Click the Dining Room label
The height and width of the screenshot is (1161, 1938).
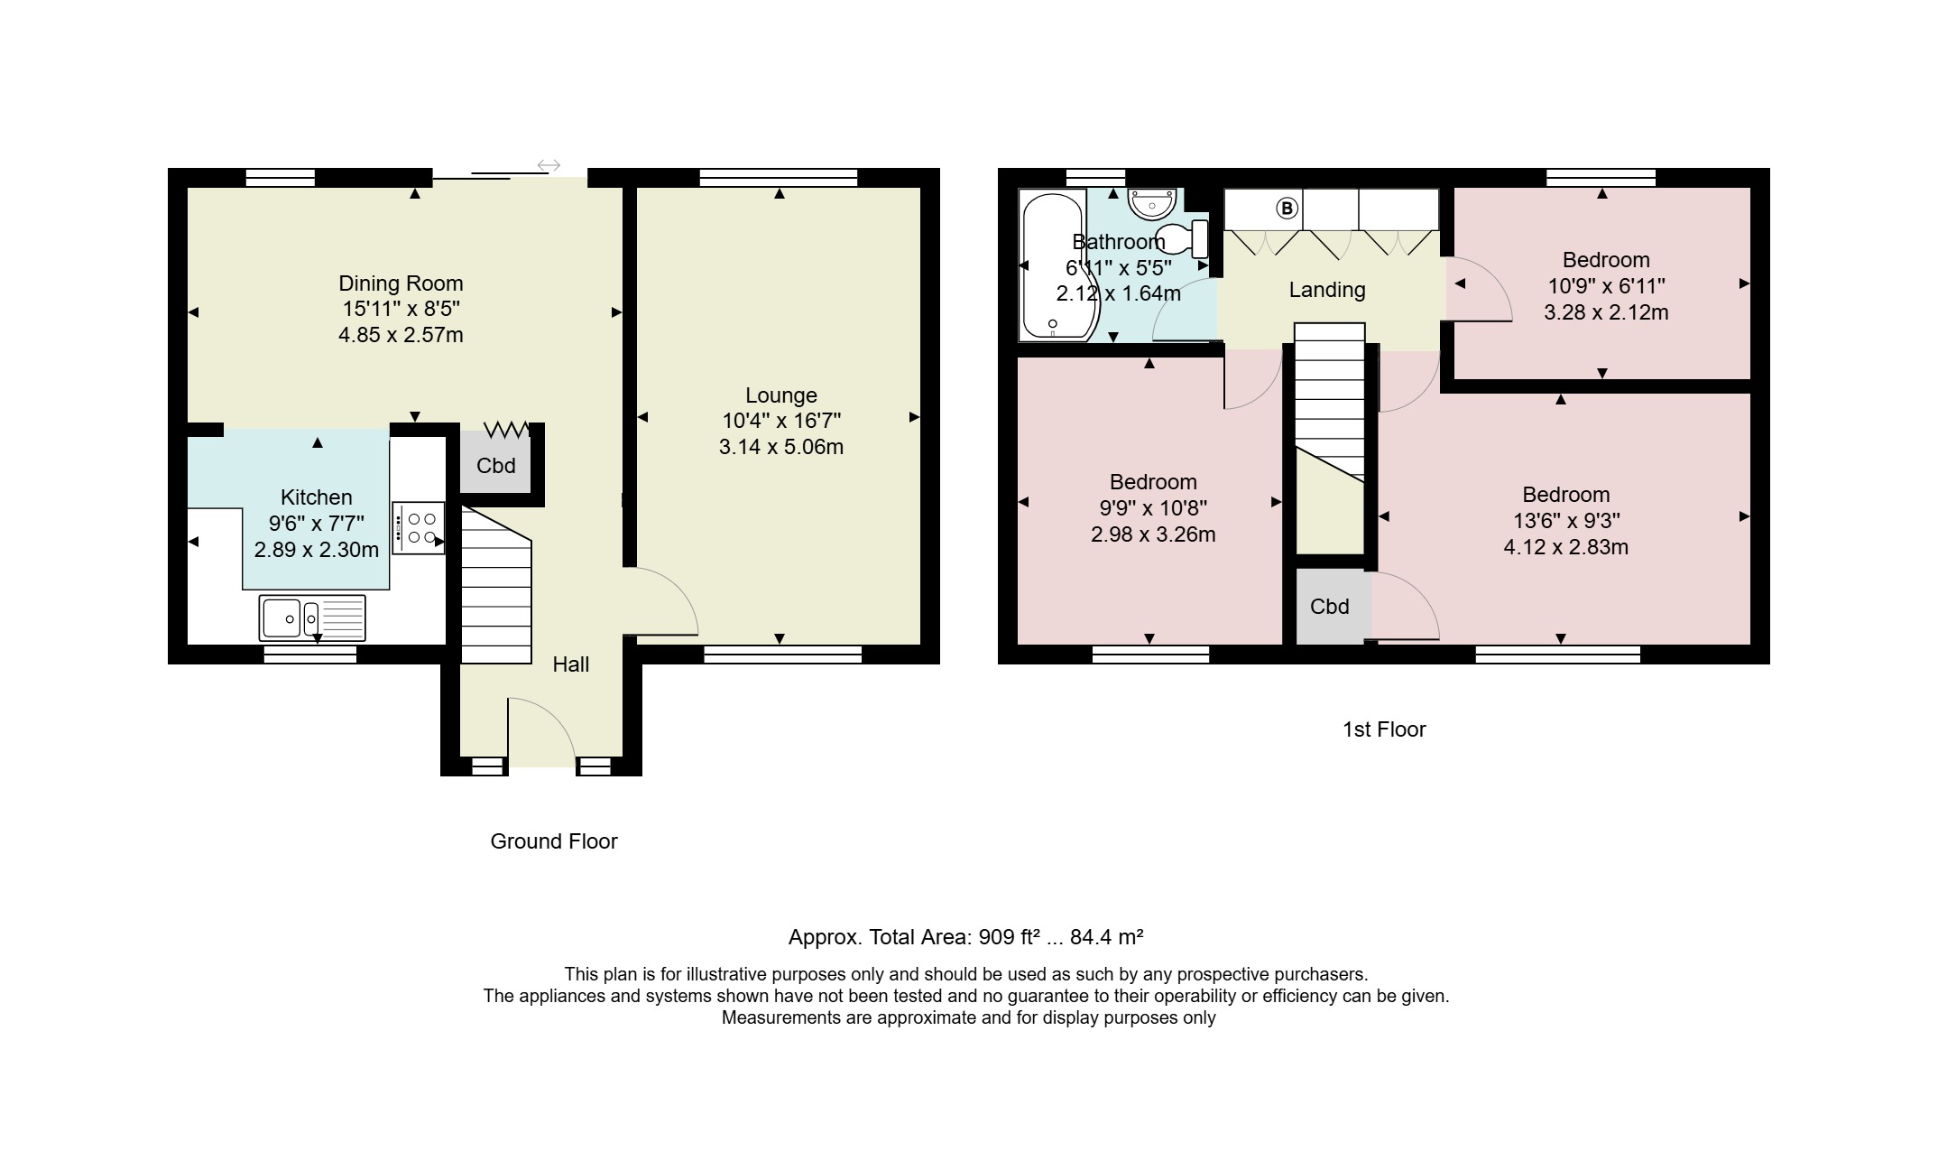(x=401, y=283)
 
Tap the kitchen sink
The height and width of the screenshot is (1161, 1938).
(x=312, y=618)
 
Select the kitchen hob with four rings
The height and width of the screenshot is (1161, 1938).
(x=419, y=528)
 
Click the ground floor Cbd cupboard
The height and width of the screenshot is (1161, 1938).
(x=495, y=466)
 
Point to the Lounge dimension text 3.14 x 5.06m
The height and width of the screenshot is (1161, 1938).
(x=781, y=447)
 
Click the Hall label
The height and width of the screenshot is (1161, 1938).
(x=571, y=665)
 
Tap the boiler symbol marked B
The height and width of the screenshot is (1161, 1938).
(x=1287, y=209)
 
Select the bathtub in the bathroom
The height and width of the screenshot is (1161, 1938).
(x=1057, y=265)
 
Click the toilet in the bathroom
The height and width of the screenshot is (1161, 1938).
(x=1182, y=238)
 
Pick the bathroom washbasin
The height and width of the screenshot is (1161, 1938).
(x=1152, y=204)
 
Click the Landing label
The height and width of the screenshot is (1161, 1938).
(x=1327, y=290)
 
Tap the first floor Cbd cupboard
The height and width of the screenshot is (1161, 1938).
(x=1330, y=607)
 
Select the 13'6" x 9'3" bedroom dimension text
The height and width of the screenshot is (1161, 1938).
(x=1566, y=521)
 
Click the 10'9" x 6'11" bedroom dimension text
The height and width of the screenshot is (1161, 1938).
(x=1606, y=286)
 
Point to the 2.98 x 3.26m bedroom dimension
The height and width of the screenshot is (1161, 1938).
(x=1153, y=534)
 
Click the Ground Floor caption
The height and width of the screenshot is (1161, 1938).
(x=554, y=841)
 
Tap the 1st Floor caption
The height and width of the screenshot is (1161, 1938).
(x=1384, y=729)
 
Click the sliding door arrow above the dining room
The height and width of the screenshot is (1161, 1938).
(x=549, y=165)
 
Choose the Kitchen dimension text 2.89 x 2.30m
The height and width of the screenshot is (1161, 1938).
(x=317, y=550)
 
